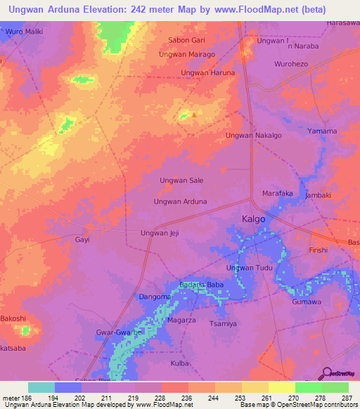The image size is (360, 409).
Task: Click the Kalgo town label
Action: (x=254, y=219)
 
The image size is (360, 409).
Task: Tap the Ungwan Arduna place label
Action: (x=180, y=202)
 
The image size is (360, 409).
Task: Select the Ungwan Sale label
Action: (x=181, y=181)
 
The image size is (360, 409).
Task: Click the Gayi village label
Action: (x=82, y=240)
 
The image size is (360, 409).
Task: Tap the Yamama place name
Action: (x=322, y=131)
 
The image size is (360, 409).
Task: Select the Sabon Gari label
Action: (x=186, y=41)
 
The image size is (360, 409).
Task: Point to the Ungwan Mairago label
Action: (x=186, y=54)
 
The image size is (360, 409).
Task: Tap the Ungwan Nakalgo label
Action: (x=253, y=135)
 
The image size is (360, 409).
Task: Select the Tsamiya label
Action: (x=224, y=324)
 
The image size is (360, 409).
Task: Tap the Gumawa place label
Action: (x=307, y=301)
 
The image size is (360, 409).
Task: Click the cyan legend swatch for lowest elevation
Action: (x=41, y=387)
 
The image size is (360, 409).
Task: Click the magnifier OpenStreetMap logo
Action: (x=326, y=373)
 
